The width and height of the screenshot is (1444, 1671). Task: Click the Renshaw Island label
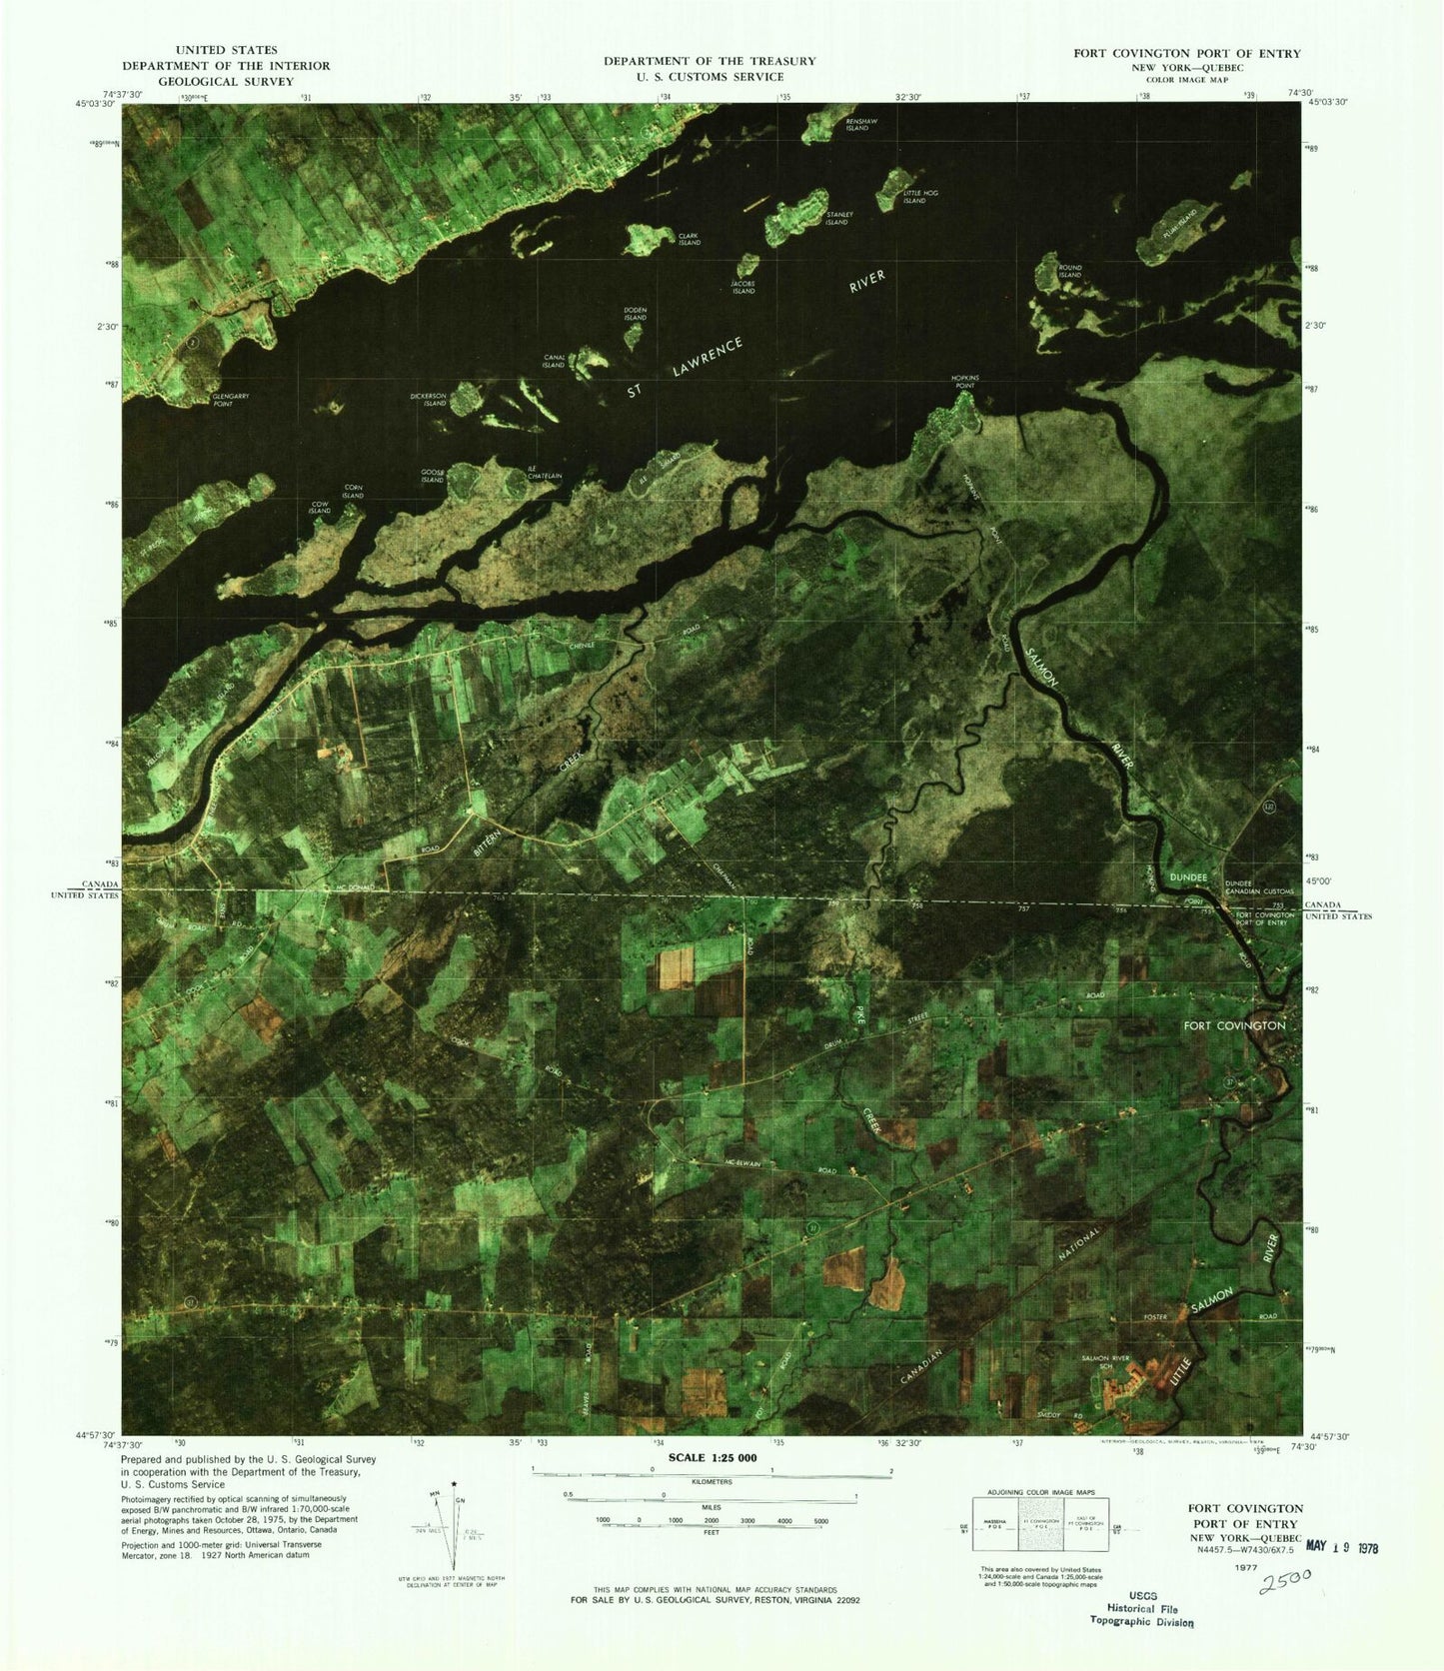(857, 125)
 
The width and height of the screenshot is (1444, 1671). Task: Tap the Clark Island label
(689, 240)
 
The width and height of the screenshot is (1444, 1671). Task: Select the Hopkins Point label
(964, 382)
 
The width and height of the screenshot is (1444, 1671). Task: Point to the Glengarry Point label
(231, 399)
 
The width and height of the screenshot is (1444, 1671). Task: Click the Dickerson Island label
(429, 400)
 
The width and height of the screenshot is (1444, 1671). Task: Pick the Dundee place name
(1188, 876)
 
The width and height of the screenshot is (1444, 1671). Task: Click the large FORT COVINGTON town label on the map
(1234, 1025)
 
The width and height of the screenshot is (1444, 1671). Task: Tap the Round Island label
(1070, 271)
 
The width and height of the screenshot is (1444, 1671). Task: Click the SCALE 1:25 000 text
(704, 1458)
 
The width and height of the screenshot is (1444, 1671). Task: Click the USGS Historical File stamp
(1141, 1609)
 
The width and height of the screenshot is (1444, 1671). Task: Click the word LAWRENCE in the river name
(708, 357)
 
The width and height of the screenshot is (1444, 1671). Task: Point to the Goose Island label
(432, 476)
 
